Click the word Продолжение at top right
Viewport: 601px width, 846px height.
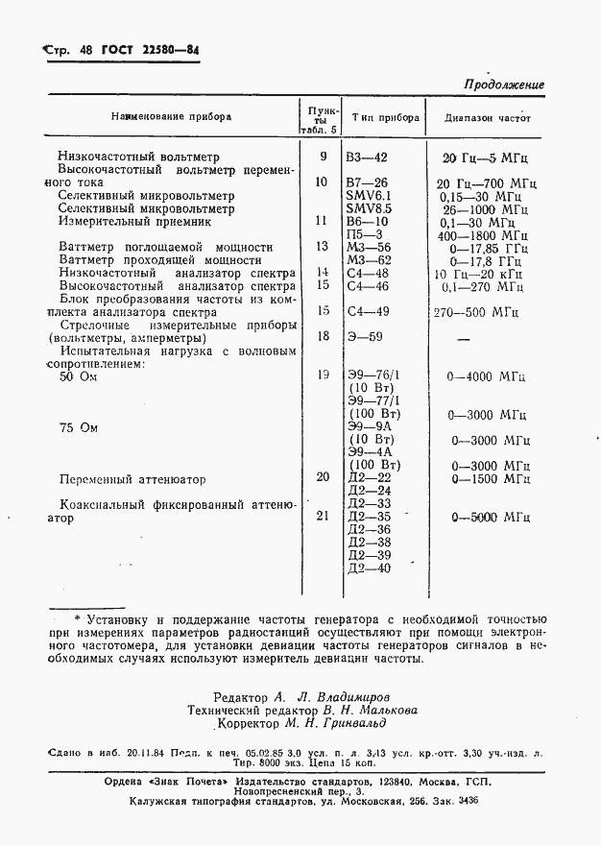tap(504, 85)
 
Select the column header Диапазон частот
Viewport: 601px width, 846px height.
tap(487, 118)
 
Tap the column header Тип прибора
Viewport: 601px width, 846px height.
tap(380, 117)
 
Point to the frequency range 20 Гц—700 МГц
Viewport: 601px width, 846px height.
tap(486, 182)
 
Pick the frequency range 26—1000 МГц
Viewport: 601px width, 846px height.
tap(486, 208)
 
